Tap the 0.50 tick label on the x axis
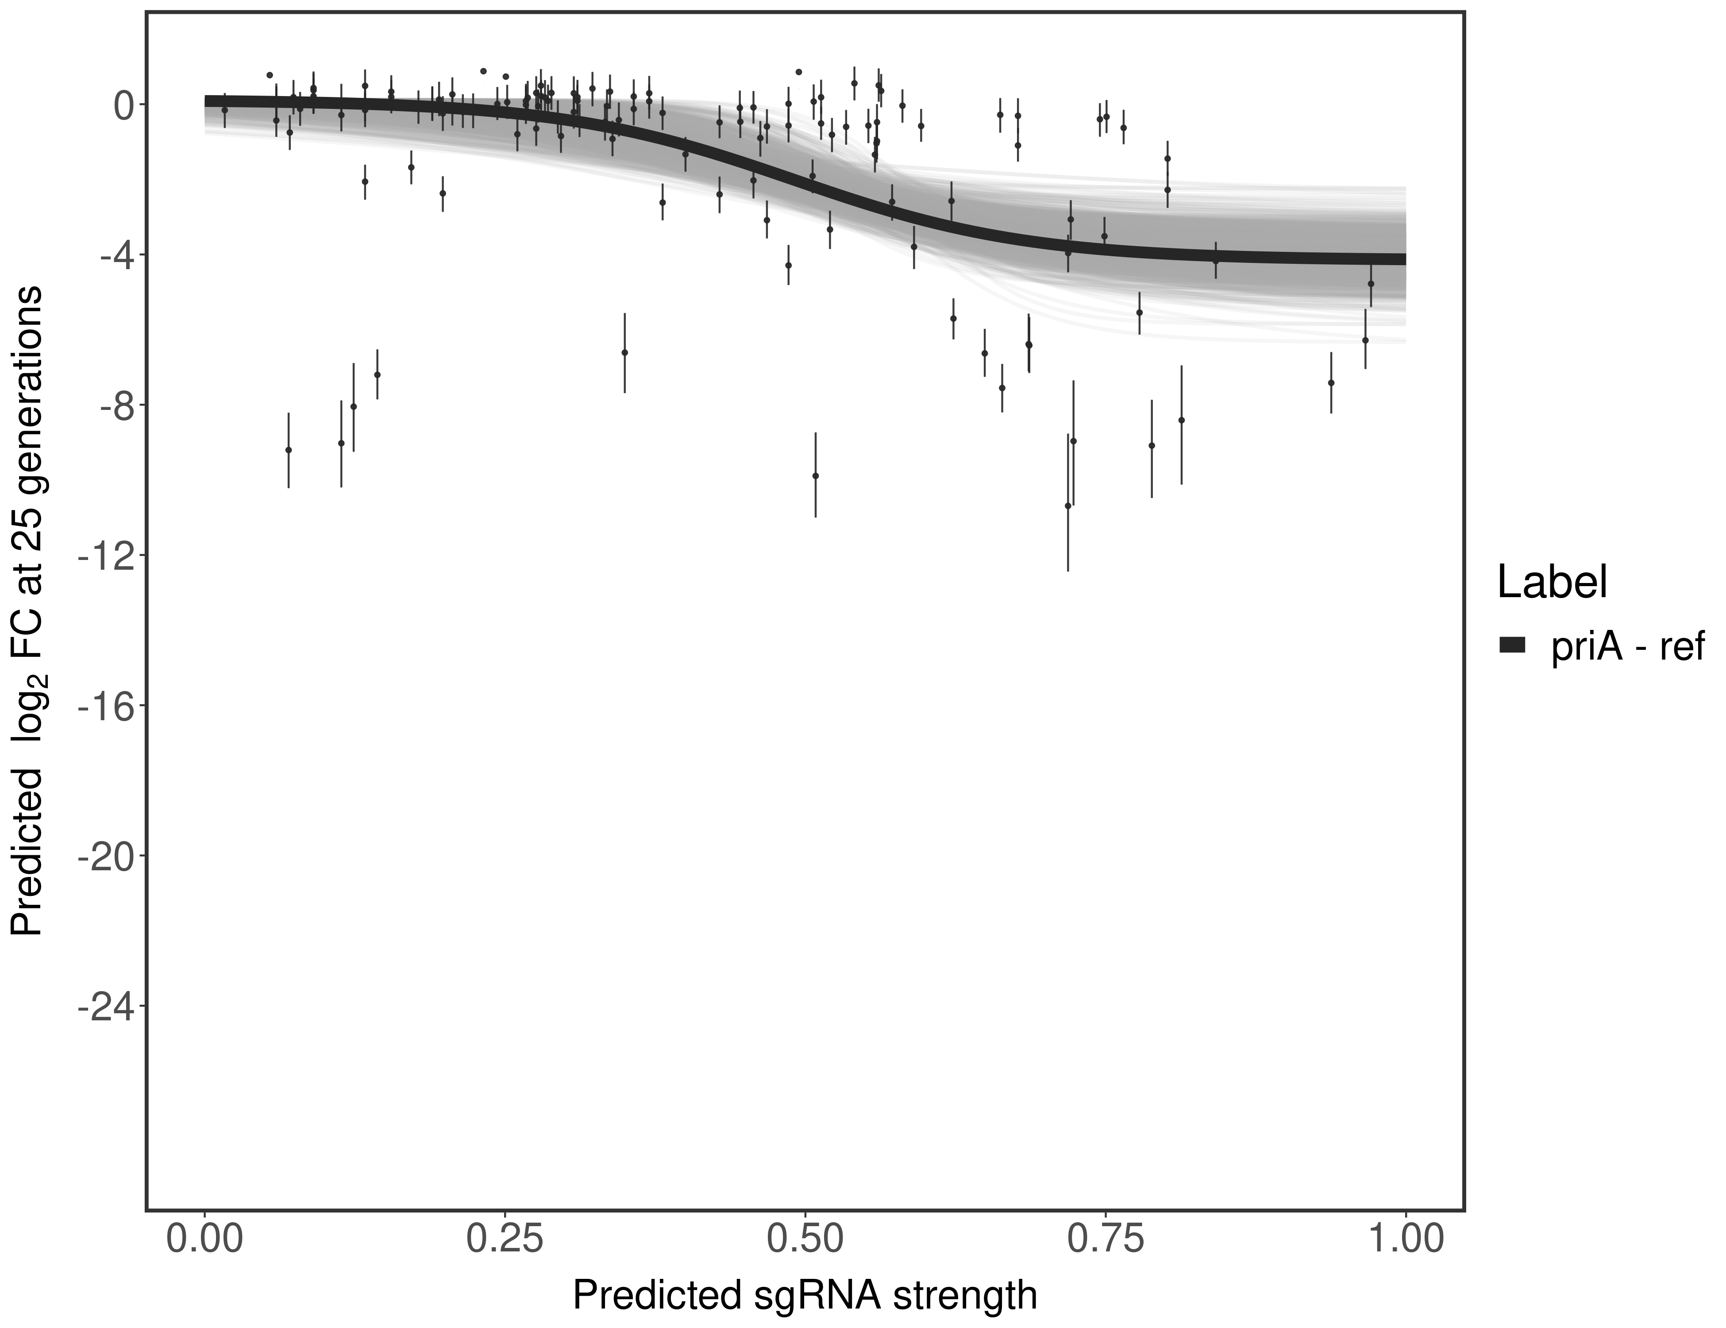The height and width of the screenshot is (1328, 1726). pyautogui.click(x=805, y=1238)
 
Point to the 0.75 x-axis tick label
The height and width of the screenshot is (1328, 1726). pyautogui.click(x=1105, y=1238)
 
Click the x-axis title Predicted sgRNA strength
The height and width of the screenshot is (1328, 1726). pyautogui.click(x=805, y=1296)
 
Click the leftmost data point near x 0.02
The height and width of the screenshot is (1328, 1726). pyautogui.click(x=224, y=111)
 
